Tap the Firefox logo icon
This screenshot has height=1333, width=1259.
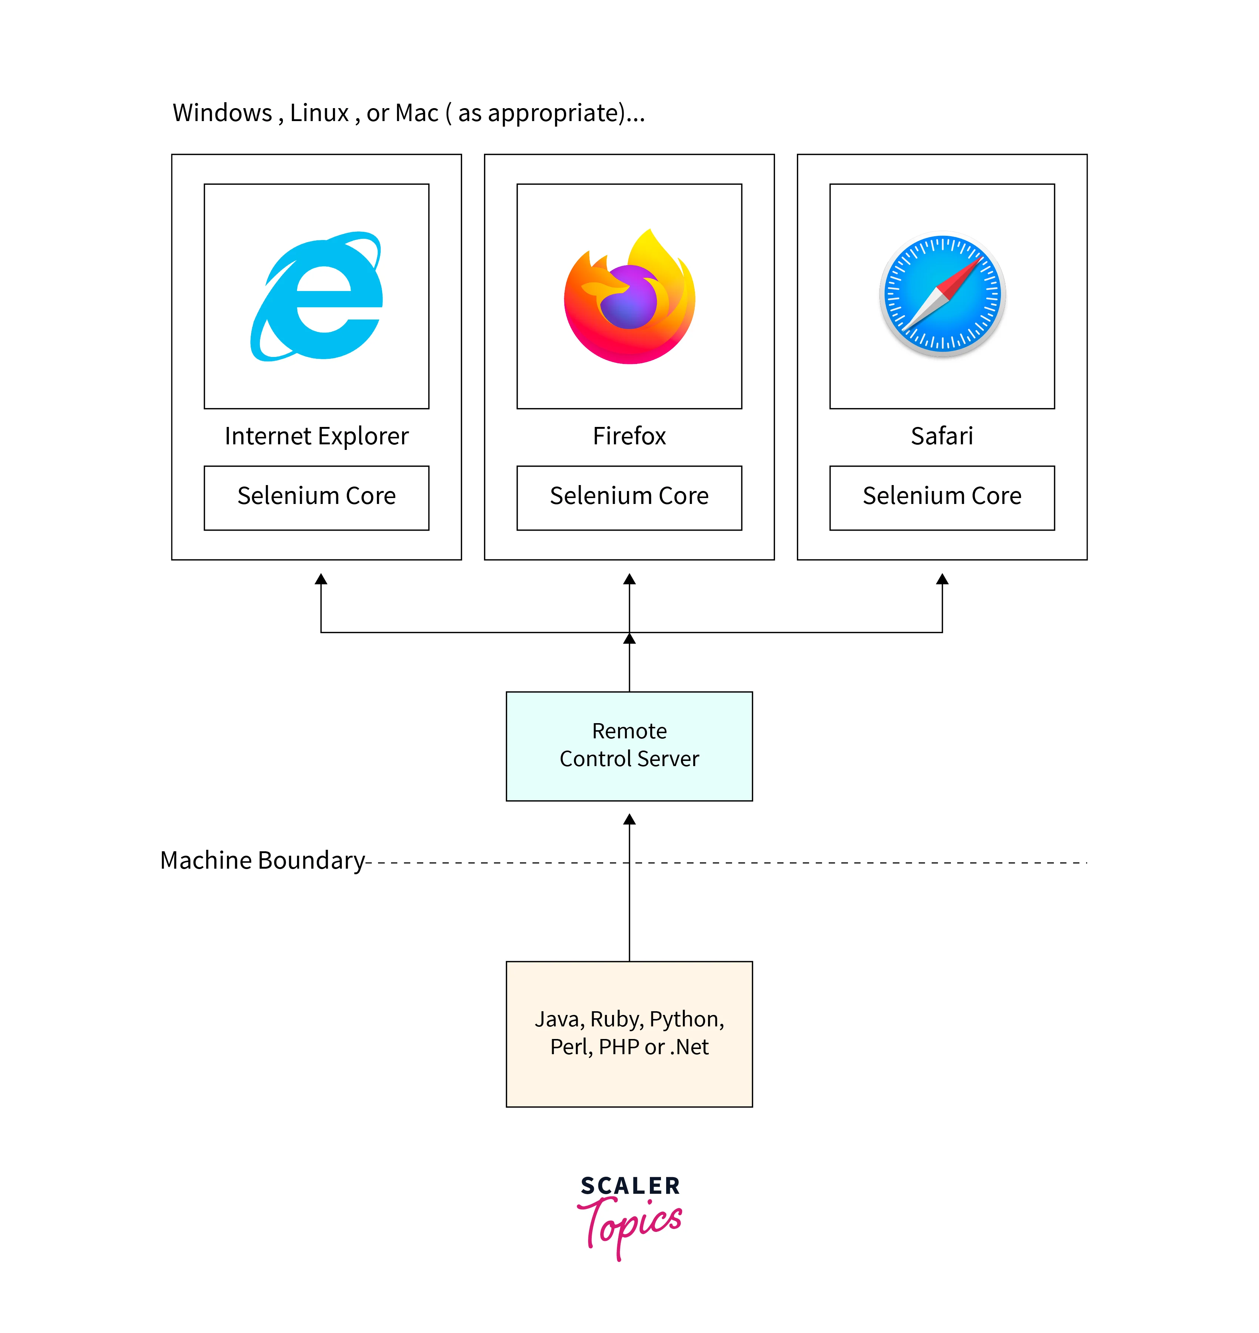629,297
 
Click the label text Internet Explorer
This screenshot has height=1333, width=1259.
316,436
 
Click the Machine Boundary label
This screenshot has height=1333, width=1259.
262,861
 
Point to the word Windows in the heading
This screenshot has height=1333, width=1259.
222,113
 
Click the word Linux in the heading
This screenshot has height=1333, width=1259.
320,113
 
